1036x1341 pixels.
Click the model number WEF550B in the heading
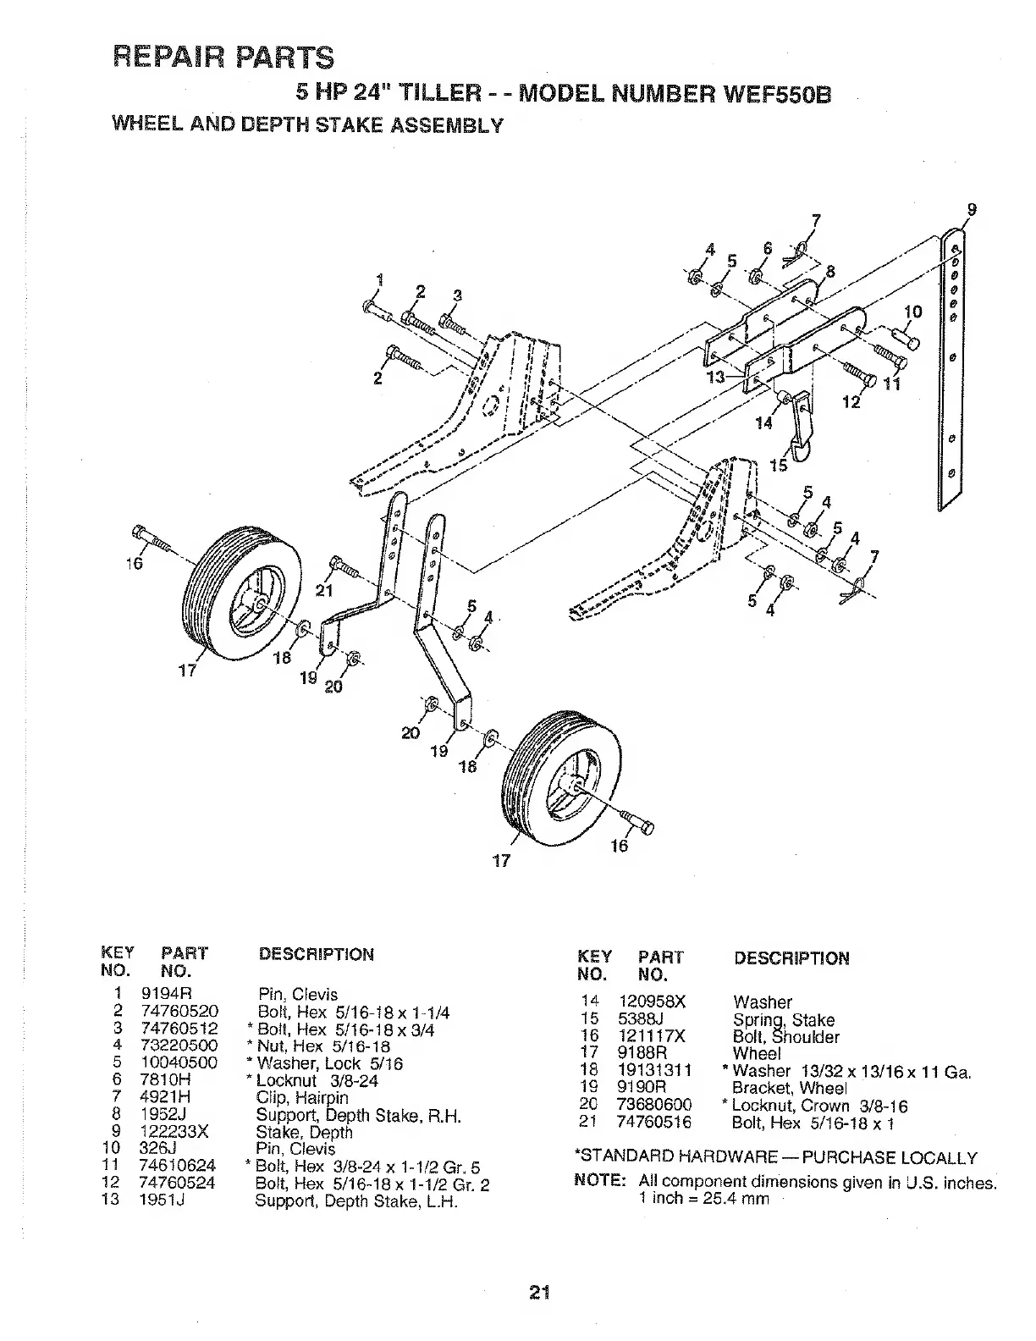tap(778, 93)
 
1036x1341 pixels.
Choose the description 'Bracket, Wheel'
tap(788, 1089)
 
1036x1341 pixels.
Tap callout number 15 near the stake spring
tap(777, 466)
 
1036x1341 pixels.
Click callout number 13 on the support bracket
tap(716, 378)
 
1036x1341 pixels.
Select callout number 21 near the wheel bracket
tap(323, 590)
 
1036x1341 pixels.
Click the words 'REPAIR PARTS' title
tap(223, 57)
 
